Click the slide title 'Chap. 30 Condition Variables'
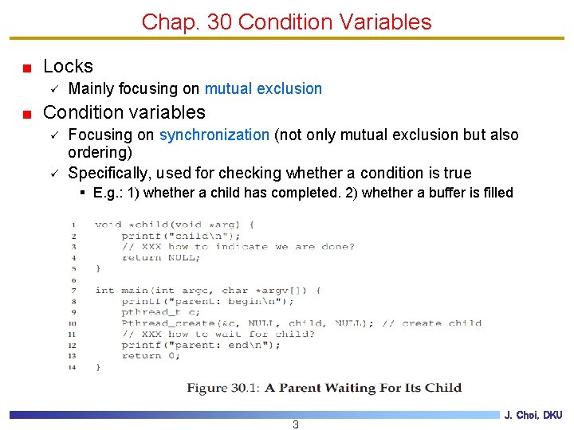(x=286, y=21)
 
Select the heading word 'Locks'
(x=68, y=67)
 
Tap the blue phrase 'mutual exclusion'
(x=263, y=88)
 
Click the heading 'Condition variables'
(x=124, y=112)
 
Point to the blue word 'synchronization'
(x=214, y=135)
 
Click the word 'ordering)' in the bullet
(x=100, y=151)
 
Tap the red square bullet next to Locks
(x=26, y=68)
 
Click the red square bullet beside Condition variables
(x=26, y=114)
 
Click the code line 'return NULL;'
(x=155, y=257)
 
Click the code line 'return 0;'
(x=151, y=356)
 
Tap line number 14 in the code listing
(x=73, y=367)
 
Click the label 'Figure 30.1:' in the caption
(x=222, y=388)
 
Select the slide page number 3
(x=296, y=424)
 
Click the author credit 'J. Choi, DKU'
(x=533, y=416)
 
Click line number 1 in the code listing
(x=73, y=225)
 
